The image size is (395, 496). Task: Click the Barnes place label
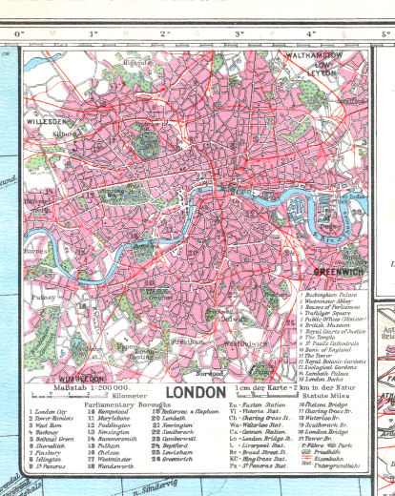click(38, 251)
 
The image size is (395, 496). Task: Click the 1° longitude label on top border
click(93, 34)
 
